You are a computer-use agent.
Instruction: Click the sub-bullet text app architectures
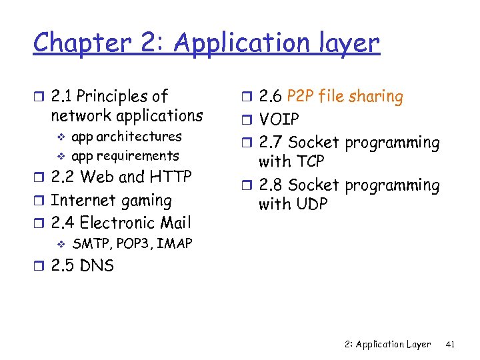click(x=126, y=137)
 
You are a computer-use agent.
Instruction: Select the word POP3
click(x=133, y=244)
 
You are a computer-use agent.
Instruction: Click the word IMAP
click(x=175, y=244)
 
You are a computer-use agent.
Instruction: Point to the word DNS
click(x=97, y=266)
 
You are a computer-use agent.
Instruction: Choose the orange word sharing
click(x=378, y=97)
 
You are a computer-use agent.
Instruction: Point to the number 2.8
click(x=271, y=185)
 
